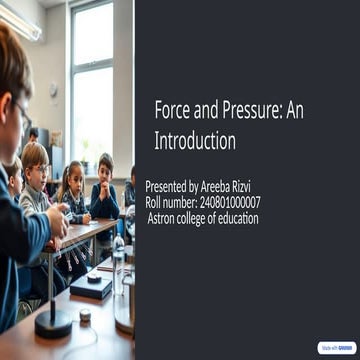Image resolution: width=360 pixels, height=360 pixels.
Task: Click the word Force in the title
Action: (171, 113)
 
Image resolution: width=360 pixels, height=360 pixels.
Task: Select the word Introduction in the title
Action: (195, 141)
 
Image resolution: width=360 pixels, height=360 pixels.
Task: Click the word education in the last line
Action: (234, 218)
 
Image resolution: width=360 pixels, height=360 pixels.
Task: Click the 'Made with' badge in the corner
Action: (335, 347)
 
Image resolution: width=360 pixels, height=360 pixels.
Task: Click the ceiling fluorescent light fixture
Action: (22, 22)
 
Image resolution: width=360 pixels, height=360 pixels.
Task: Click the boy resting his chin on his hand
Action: (103, 181)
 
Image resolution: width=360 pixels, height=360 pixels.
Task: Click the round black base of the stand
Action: (53, 322)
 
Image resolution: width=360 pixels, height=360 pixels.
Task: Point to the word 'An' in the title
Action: (294, 113)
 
